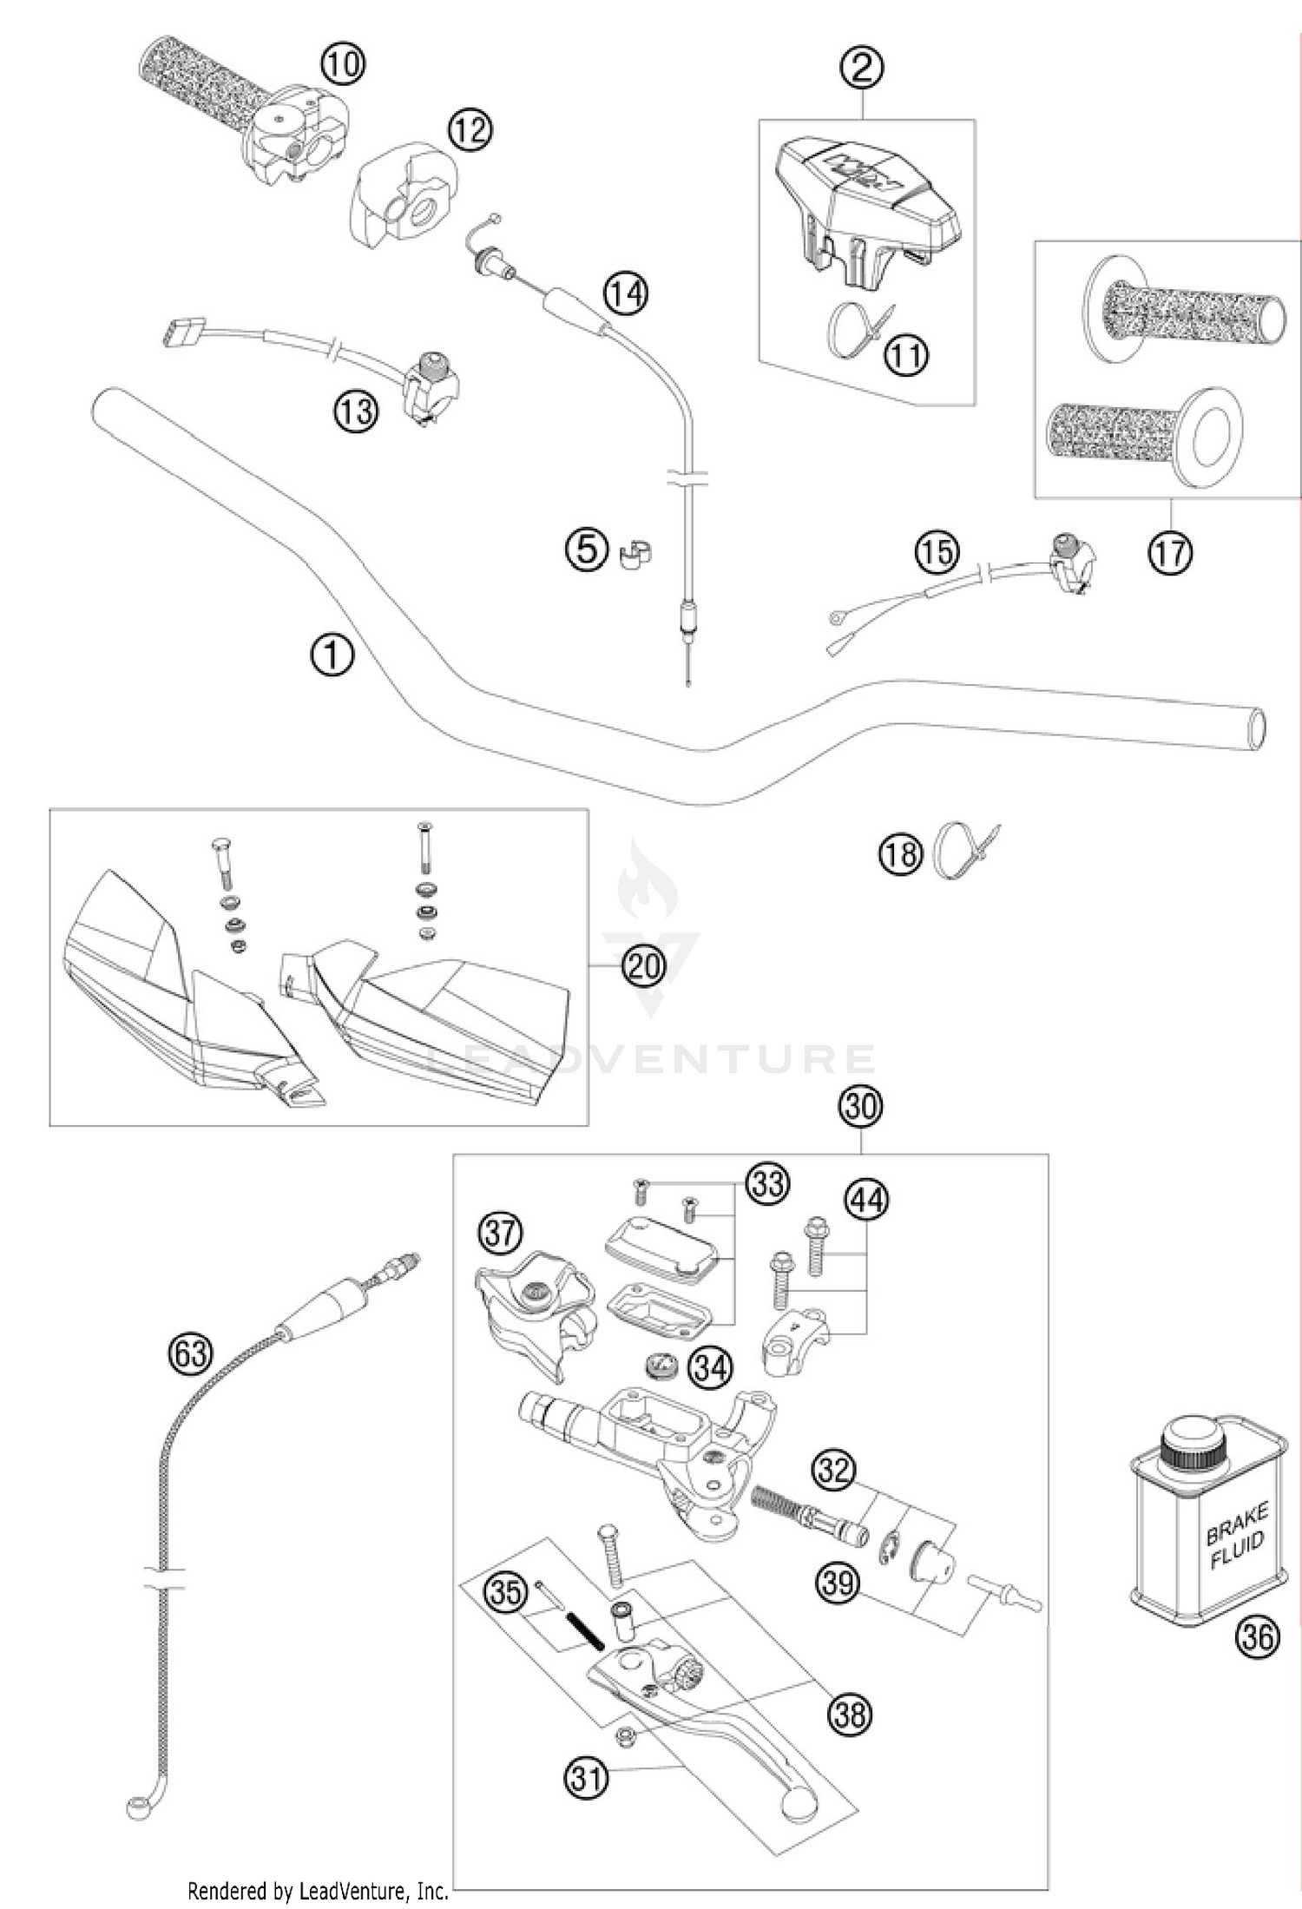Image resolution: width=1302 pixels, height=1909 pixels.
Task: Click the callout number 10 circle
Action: click(x=343, y=63)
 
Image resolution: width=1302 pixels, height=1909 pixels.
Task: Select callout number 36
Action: click(x=1256, y=1636)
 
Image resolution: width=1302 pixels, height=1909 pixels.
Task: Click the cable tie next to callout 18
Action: click(x=957, y=849)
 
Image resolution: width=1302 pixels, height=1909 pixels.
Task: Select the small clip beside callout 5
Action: click(x=637, y=553)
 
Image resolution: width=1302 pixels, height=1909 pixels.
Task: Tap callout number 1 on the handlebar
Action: click(x=332, y=655)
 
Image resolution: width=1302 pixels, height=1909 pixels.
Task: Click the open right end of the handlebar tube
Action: click(x=1255, y=727)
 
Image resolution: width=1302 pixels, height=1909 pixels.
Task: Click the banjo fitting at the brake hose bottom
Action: click(x=138, y=1808)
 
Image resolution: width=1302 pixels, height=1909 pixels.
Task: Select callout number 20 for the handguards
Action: click(x=644, y=965)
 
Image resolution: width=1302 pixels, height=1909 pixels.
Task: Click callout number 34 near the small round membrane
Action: click(x=710, y=1367)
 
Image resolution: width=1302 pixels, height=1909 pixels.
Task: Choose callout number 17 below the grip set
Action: click(x=1169, y=552)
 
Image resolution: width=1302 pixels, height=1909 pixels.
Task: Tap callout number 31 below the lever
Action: click(x=587, y=1778)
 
